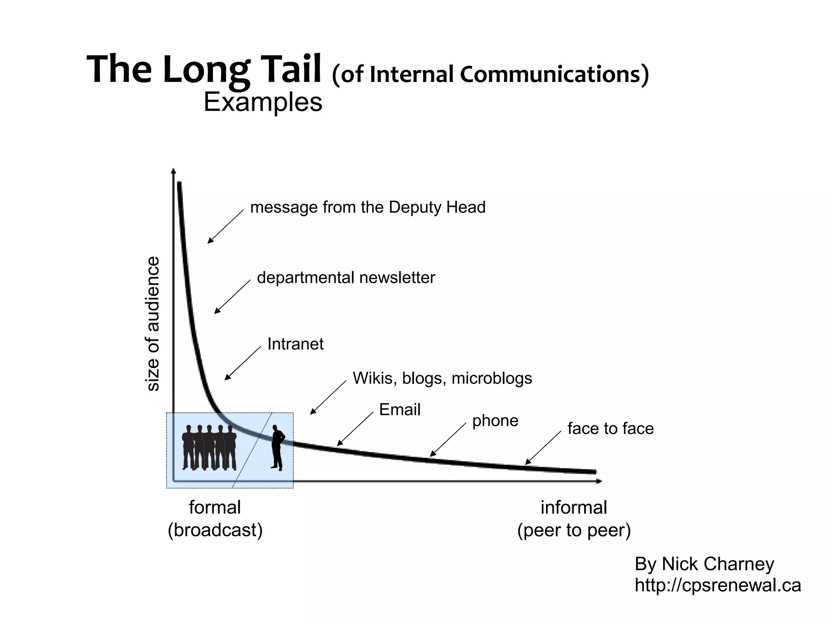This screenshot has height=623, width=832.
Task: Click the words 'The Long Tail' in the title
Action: point(204,69)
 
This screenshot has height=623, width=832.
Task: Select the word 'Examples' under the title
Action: point(263,102)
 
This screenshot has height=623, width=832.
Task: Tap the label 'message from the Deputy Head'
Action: point(368,207)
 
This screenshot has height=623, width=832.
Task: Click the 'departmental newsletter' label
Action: point(346,278)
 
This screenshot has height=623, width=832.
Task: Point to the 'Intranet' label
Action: point(295,344)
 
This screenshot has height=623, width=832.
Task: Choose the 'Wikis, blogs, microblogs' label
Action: point(442,378)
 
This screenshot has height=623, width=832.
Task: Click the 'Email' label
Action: point(400,410)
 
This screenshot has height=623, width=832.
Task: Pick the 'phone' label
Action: point(495,420)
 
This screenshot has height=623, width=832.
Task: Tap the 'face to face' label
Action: point(610,429)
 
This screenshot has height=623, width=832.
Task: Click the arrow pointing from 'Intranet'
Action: point(243,363)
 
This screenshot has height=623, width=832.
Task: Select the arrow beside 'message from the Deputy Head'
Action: point(225,226)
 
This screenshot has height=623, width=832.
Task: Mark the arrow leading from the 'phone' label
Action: point(448,440)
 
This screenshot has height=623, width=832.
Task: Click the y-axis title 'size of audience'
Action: point(153,323)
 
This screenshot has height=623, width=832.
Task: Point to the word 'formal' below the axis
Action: point(215,507)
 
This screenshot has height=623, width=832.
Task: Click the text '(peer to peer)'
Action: point(574,530)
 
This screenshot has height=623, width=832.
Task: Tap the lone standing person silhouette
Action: point(277,448)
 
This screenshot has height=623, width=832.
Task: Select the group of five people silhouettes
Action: point(209,448)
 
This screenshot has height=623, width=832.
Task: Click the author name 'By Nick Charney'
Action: point(704,564)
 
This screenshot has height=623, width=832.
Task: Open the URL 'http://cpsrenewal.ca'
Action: point(717,585)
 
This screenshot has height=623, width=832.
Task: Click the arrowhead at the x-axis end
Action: point(599,481)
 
